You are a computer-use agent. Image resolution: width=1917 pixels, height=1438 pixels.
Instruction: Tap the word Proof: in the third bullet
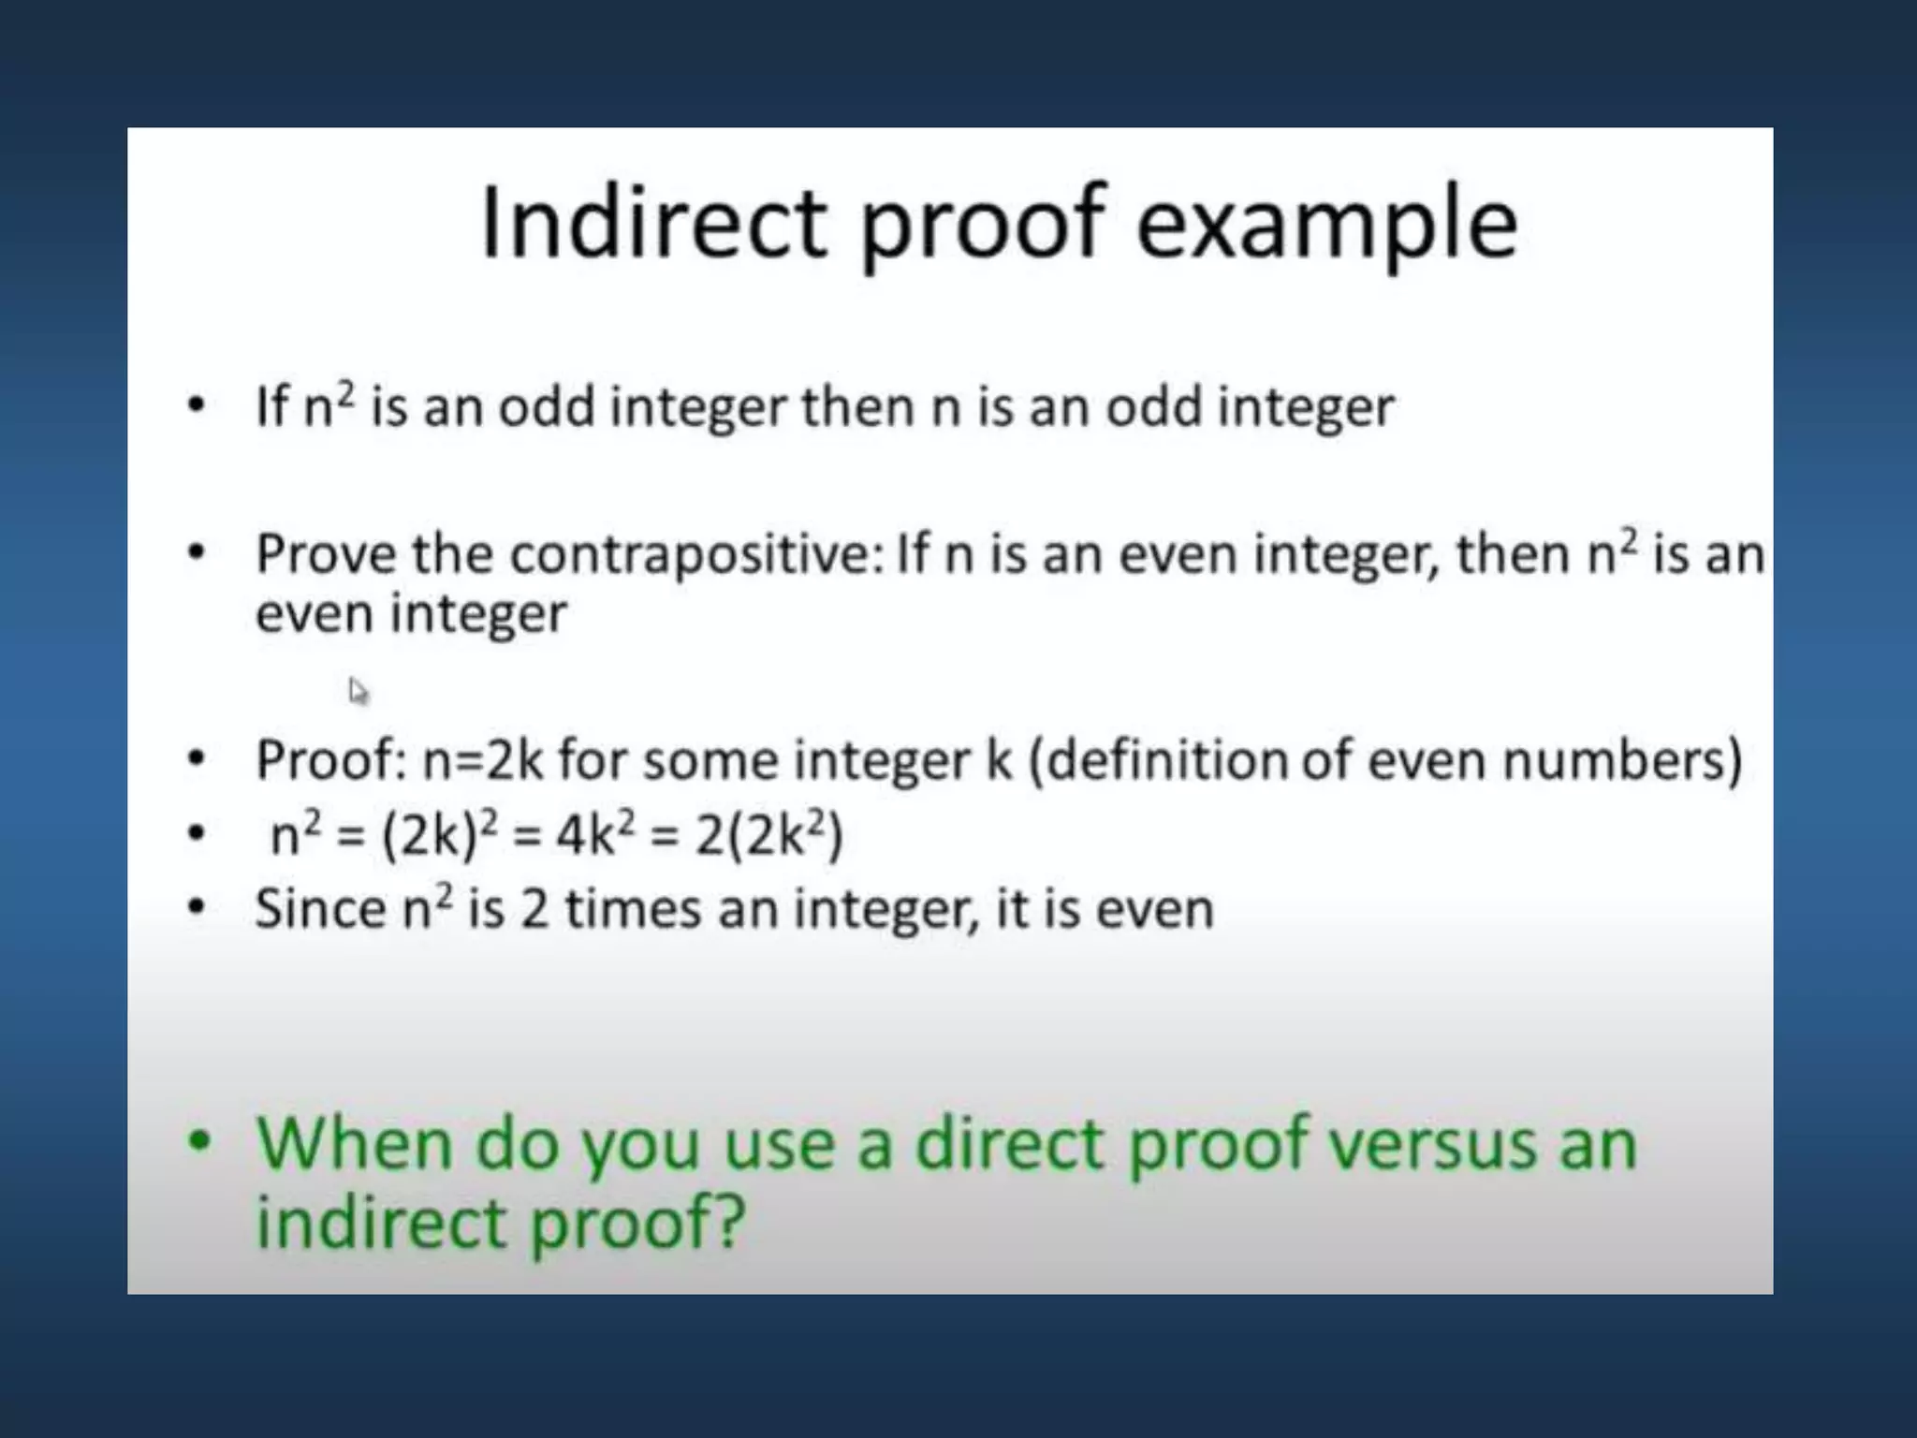pyautogui.click(x=330, y=759)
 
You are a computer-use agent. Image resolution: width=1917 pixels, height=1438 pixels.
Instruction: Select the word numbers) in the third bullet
pyautogui.click(x=1622, y=759)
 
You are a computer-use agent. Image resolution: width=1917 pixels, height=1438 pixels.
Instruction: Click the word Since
pyautogui.click(x=319, y=908)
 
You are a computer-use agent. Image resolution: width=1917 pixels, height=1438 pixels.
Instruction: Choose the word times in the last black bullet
pyautogui.click(x=634, y=908)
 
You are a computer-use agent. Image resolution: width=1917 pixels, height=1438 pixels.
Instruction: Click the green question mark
pyautogui.click(x=728, y=1223)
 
